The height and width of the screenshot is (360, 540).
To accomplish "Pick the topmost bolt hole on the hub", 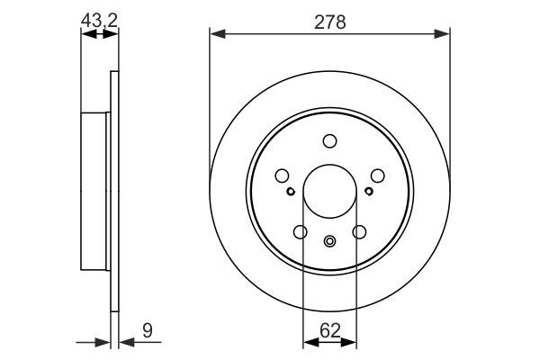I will click(329, 140).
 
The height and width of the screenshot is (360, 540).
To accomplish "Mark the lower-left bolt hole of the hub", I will click(300, 232).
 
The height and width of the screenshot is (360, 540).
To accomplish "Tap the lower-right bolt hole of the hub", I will click(359, 232).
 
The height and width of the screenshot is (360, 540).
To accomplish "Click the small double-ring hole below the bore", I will click(329, 240).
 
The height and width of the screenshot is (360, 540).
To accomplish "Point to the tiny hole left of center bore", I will click(290, 191).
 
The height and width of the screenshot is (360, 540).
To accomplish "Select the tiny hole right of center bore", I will click(369, 191).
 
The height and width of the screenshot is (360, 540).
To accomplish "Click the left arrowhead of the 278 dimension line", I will click(216, 33).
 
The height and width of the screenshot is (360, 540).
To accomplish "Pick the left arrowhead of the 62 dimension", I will click(309, 341).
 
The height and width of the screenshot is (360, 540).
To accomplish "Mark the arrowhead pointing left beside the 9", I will click(125, 341).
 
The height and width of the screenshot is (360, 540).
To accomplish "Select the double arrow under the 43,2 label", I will click(99, 33).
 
